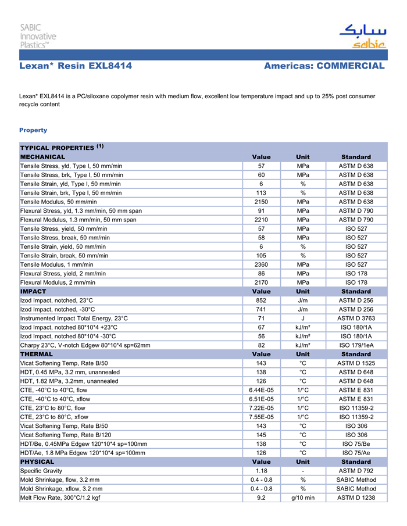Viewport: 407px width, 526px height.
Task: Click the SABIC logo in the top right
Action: [362, 37]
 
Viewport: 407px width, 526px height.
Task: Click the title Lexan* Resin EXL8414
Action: [76, 66]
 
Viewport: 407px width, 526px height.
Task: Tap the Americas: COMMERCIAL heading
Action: [324, 66]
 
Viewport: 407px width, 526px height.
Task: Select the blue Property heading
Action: [33, 130]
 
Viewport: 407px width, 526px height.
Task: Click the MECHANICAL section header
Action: [43, 157]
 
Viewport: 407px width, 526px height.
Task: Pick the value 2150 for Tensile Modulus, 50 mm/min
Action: [261, 201]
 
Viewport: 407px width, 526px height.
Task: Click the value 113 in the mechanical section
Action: [261, 192]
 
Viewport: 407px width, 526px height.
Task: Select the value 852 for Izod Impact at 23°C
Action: [261, 300]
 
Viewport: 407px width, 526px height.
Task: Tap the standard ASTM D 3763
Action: [356, 319]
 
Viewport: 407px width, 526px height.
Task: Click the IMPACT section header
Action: [33, 291]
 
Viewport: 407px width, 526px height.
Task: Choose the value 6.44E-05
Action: [261, 390]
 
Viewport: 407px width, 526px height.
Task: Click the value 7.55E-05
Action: [261, 417]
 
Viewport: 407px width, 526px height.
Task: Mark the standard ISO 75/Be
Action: [356, 443]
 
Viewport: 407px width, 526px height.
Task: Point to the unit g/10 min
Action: [303, 498]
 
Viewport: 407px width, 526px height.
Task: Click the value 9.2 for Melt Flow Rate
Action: [261, 498]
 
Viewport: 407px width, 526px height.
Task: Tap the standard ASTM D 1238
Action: [356, 498]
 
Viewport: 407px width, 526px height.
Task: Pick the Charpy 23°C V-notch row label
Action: [85, 345]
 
